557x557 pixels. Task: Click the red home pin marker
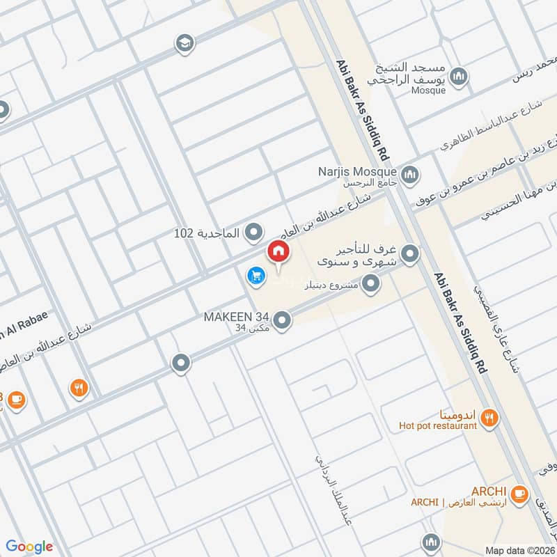pos(278,251)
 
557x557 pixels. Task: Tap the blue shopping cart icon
pos(256,276)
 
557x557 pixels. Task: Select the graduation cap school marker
pos(185,42)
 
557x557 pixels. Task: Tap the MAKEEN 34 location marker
pos(282,320)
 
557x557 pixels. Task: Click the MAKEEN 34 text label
pos(237,317)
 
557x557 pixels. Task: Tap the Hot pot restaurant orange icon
pos(491,418)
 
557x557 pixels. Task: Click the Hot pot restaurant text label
pos(438,425)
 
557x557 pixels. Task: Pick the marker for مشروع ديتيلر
pos(371,283)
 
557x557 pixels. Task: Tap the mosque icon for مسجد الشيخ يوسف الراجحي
pos(459,76)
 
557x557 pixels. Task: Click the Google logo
pos(29,546)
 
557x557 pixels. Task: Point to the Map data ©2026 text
pos(519,550)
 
